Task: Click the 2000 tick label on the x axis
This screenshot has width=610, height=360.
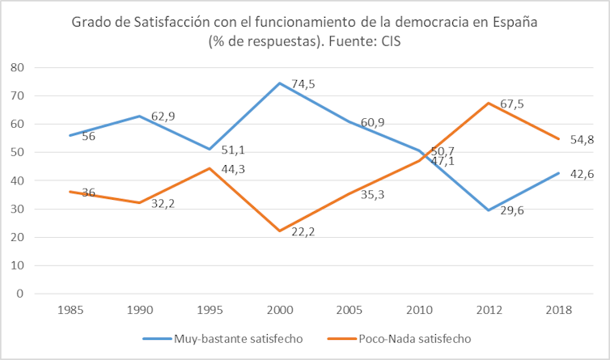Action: (280, 310)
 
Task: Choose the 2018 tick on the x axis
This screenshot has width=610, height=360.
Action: (559, 310)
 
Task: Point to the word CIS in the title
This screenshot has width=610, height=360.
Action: (389, 41)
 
